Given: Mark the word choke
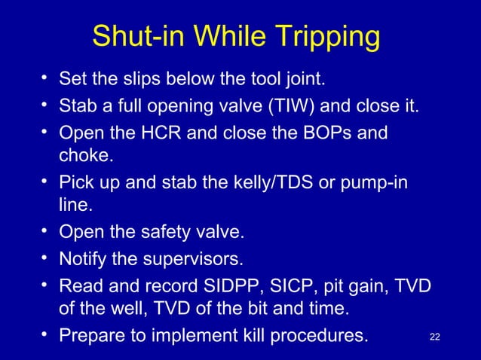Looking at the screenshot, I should [x=81, y=156].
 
